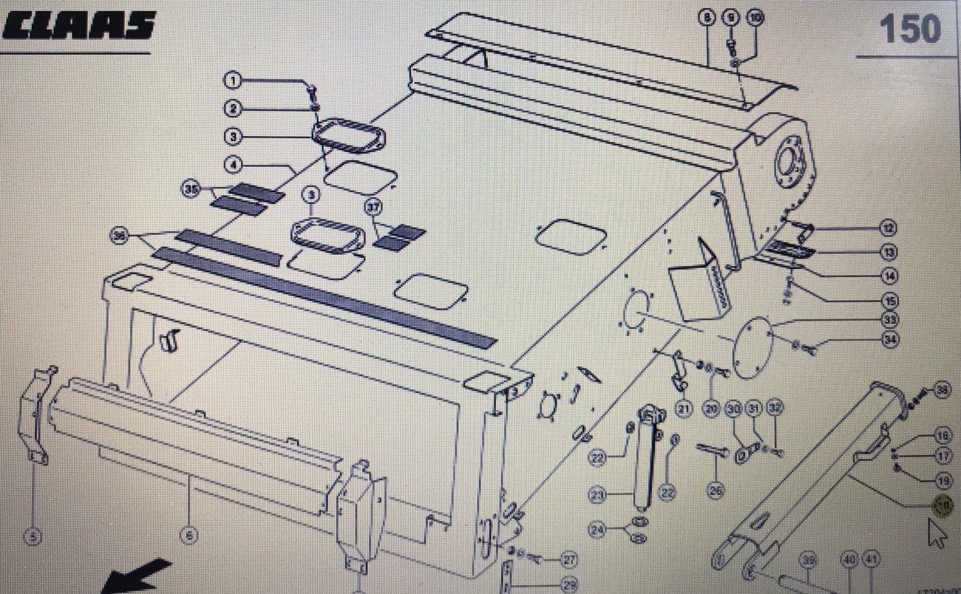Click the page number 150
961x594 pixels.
pyautogui.click(x=909, y=30)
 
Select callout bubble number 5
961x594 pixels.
pyautogui.click(x=33, y=537)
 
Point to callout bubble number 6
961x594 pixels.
pyautogui.click(x=189, y=537)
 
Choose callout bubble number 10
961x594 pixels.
pyautogui.click(x=754, y=18)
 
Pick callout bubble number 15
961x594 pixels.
pyautogui.click(x=889, y=301)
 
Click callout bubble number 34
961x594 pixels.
pyautogui.click(x=889, y=340)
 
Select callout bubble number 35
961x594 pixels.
pyautogui.click(x=191, y=190)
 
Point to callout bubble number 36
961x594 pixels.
pyautogui.click(x=118, y=236)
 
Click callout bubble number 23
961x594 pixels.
pyautogui.click(x=598, y=494)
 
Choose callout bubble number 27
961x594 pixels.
pyautogui.click(x=568, y=560)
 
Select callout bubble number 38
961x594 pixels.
pyautogui.click(x=941, y=391)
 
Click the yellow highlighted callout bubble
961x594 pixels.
pyautogui.click(x=943, y=506)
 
